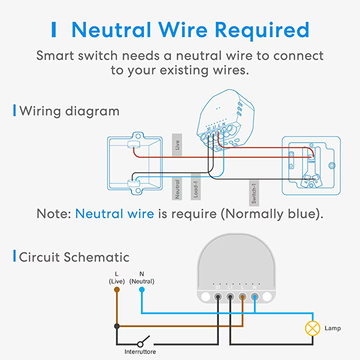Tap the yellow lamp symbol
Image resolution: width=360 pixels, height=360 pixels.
[x=313, y=328]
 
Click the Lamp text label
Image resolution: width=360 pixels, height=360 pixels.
[x=332, y=328]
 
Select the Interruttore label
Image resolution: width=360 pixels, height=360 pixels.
[x=140, y=352]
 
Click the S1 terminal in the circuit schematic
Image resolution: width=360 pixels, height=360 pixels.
[x=217, y=296]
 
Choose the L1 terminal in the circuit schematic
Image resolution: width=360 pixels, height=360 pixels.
[x=230, y=296]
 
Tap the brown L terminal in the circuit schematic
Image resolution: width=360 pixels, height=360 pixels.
[x=242, y=296]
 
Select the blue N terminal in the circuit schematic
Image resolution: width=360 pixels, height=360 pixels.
[x=255, y=296]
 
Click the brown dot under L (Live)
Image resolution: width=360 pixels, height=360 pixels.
[x=117, y=289]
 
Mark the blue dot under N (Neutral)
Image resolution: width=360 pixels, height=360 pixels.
[x=142, y=289]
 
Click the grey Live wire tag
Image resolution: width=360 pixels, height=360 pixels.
[x=177, y=145]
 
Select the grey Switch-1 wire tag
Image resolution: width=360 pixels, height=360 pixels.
[x=254, y=192]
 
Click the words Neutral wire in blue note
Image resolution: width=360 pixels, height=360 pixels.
[x=114, y=214]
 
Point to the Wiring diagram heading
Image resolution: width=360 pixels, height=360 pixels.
[x=69, y=111]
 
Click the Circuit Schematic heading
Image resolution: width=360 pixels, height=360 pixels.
[x=74, y=257]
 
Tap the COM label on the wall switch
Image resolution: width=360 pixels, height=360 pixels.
[x=311, y=161]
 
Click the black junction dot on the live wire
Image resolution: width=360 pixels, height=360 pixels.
[x=117, y=327]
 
